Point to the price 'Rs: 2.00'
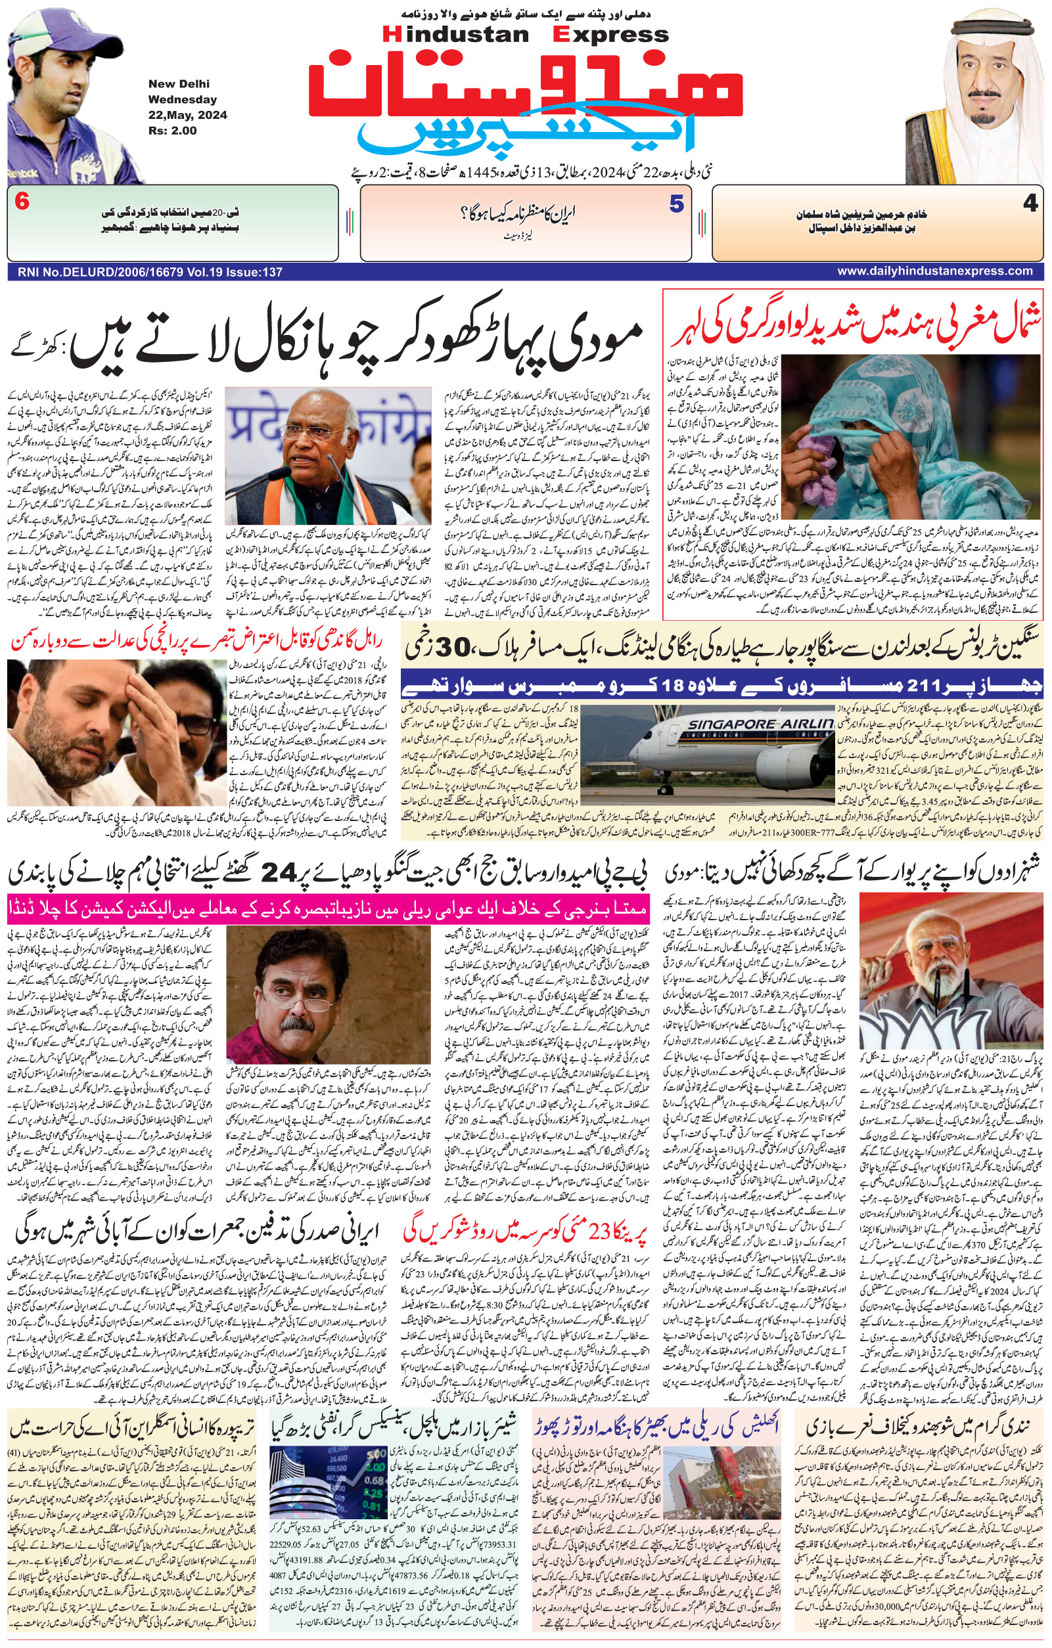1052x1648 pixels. pos(172,130)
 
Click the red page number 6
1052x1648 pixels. pos(21,203)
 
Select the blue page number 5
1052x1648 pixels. pos(676,204)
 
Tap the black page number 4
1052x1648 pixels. pos(1030,204)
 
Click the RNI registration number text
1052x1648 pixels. pos(146,273)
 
